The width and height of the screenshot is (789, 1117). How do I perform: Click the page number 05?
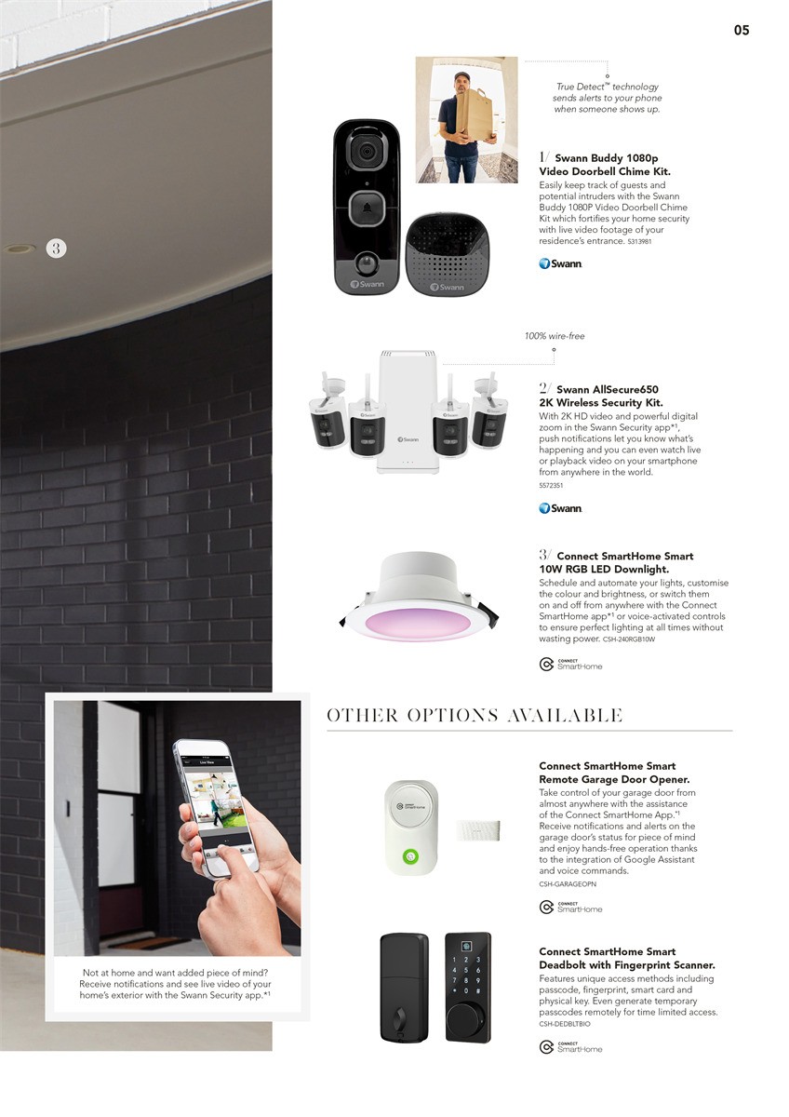741,30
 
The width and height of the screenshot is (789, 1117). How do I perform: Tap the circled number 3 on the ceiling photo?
56,248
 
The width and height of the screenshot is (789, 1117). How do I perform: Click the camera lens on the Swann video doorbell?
367,151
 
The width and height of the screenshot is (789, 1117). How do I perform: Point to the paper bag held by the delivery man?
474,113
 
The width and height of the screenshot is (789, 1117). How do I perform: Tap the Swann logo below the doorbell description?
560,263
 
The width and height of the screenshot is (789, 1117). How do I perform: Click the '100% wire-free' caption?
555,336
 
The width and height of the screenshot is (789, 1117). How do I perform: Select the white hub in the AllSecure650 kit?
407,410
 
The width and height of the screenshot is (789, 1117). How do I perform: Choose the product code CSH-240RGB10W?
629,639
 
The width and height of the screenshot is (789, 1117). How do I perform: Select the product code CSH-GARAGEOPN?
568,883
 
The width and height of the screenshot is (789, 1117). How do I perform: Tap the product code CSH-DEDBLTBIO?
565,1024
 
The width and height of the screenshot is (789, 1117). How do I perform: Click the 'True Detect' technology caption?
607,98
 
